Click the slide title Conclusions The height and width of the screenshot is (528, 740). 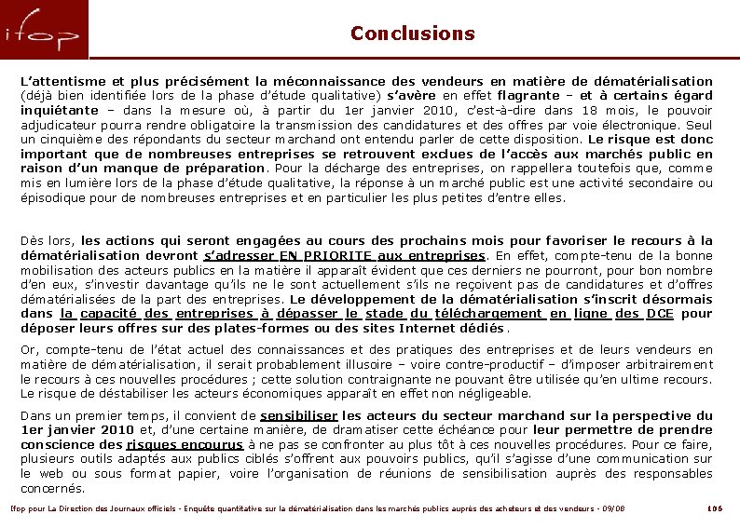412,34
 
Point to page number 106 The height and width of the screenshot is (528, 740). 715,508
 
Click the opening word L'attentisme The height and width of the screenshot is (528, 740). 62,81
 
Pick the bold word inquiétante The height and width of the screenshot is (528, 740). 62,110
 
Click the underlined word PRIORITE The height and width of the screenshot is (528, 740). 327,255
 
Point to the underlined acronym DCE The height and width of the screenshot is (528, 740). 659,314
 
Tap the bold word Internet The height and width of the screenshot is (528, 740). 430,328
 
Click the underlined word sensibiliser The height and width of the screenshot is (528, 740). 298,415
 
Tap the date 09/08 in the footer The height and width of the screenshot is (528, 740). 612,508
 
